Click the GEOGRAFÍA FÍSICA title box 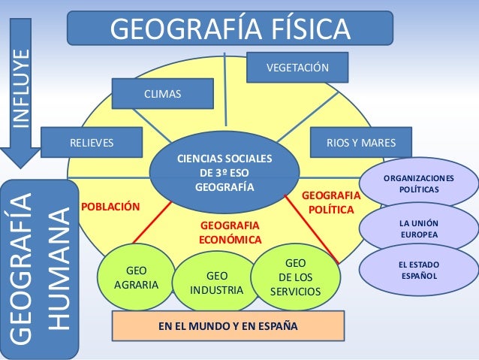point(230,28)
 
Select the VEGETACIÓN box point(298,68)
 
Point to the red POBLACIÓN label point(110,204)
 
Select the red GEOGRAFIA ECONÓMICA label point(229,232)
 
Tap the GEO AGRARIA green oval point(136,277)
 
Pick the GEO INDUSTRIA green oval point(216,283)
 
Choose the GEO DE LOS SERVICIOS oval point(295,277)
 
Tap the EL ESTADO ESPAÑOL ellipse point(420,271)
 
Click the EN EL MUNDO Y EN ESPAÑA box point(227,326)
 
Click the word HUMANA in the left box point(58,267)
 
